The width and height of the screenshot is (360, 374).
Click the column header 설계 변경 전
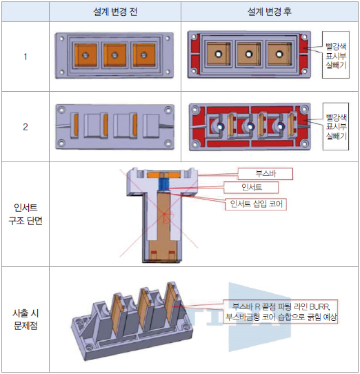(x=115, y=12)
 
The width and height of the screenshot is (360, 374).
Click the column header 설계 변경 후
(x=270, y=12)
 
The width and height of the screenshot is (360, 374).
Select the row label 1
(x=26, y=57)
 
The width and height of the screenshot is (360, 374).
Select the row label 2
(x=26, y=127)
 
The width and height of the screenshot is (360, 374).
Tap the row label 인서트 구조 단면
(x=26, y=214)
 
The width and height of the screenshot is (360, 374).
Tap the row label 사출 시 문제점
(x=26, y=319)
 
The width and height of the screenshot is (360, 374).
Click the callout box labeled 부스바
(x=266, y=174)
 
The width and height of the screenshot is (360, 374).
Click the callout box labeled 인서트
(x=251, y=188)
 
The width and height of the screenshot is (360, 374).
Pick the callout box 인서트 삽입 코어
(x=257, y=204)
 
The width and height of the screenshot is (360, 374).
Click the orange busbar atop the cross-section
(x=163, y=175)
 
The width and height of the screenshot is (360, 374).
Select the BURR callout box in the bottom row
(x=281, y=311)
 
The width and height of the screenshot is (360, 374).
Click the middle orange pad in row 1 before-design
(x=114, y=55)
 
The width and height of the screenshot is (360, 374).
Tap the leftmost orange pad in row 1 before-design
(x=86, y=55)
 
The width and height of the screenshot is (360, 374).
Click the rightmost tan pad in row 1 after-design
(x=279, y=55)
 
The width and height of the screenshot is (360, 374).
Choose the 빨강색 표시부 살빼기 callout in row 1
(x=336, y=55)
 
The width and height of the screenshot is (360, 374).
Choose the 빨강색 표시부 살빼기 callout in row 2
(x=336, y=126)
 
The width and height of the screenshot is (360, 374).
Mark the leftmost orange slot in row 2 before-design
(x=76, y=125)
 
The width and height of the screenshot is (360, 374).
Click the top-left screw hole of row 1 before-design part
(x=61, y=38)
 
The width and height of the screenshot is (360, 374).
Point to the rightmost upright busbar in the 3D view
(x=171, y=304)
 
